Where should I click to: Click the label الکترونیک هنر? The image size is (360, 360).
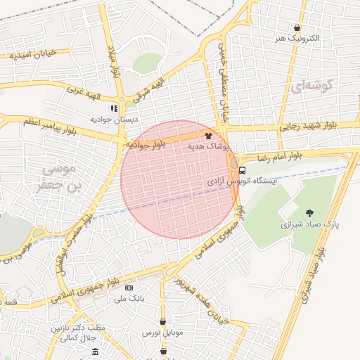pos(298,38)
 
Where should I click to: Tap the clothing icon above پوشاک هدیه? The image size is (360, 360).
pos(208,136)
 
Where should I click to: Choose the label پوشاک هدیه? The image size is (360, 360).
pos(208,146)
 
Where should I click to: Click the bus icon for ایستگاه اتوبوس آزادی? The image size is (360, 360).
pos(243,170)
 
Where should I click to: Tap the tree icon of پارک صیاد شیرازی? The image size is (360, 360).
pos(310,213)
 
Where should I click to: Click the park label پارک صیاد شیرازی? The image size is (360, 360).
pos(310,224)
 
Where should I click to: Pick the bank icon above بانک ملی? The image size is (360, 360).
pos(128,288)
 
